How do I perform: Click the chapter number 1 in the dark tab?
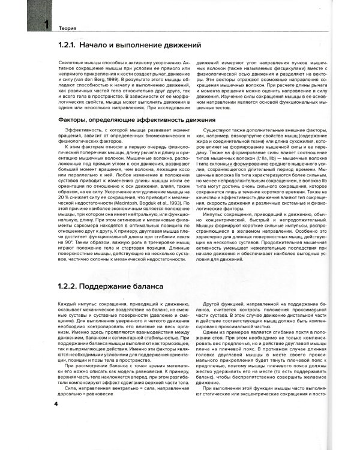click(43, 26)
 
